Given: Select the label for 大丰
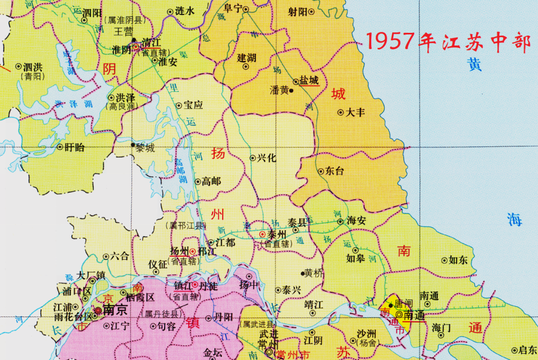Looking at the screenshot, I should (x=355, y=112).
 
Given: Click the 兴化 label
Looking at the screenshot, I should (x=266, y=158).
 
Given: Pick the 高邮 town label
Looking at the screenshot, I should (x=211, y=181).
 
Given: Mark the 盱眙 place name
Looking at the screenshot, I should (x=74, y=147).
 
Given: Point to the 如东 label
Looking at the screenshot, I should (x=458, y=260).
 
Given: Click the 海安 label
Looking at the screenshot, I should (x=356, y=221).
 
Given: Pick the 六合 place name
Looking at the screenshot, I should (x=120, y=257).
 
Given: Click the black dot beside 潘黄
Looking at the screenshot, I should (x=291, y=90).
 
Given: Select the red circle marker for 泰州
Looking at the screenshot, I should (x=262, y=235).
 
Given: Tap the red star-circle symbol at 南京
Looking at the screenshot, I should (x=98, y=310).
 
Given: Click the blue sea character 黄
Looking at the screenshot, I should (x=474, y=65).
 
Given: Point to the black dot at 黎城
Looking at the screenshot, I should (x=133, y=144).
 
